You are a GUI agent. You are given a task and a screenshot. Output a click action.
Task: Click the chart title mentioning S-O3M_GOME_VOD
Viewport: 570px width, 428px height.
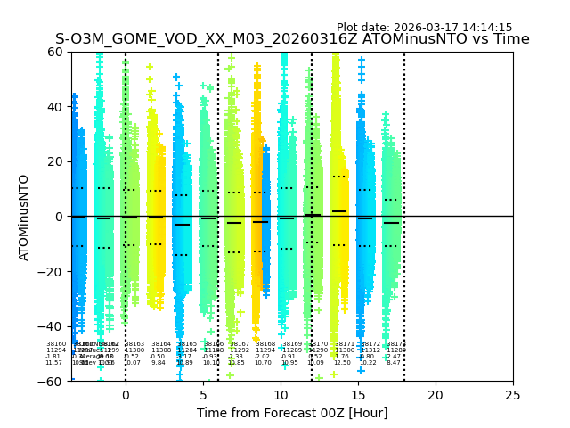[x=292, y=39]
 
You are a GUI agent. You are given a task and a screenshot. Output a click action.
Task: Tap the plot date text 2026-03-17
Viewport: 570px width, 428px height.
[x=424, y=28]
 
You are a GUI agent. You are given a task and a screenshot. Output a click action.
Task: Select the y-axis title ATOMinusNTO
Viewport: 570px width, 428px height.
[x=24, y=217]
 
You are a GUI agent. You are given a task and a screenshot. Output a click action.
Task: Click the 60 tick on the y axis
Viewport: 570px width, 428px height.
[x=55, y=52]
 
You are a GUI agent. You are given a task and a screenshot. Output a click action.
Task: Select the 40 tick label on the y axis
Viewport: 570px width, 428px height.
[x=55, y=107]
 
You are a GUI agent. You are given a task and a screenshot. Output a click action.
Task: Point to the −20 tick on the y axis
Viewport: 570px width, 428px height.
[x=52, y=271]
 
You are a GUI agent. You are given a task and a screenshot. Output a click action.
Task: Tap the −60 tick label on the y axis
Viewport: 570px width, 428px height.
[x=52, y=381]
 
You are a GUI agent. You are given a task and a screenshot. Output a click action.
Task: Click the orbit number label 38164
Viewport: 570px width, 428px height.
[x=161, y=344]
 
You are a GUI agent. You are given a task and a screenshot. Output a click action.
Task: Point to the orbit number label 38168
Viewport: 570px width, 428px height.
[x=265, y=344]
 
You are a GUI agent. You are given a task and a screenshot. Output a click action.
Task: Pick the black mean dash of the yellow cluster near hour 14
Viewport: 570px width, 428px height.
[x=339, y=211]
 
